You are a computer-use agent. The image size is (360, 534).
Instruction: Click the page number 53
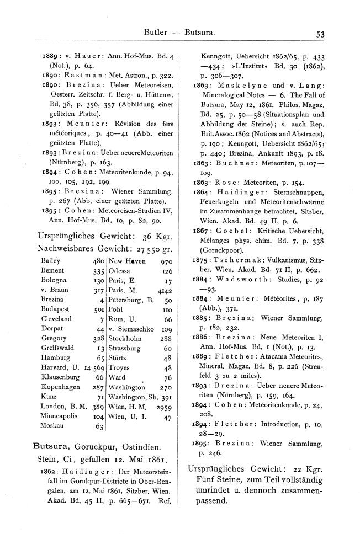[x=320, y=33]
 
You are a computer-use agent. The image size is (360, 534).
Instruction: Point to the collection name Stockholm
[x=126, y=339]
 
